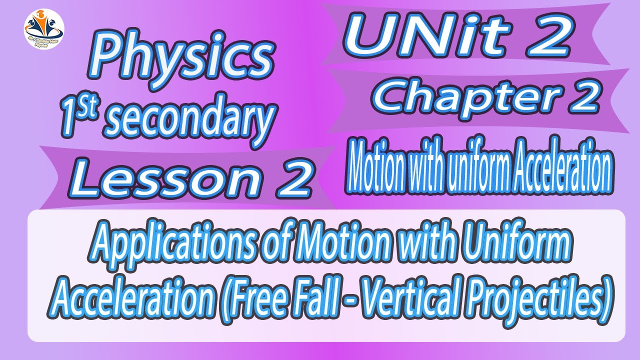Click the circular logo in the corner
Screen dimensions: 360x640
[x=43, y=28]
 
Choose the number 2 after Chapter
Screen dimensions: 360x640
[x=583, y=98]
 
